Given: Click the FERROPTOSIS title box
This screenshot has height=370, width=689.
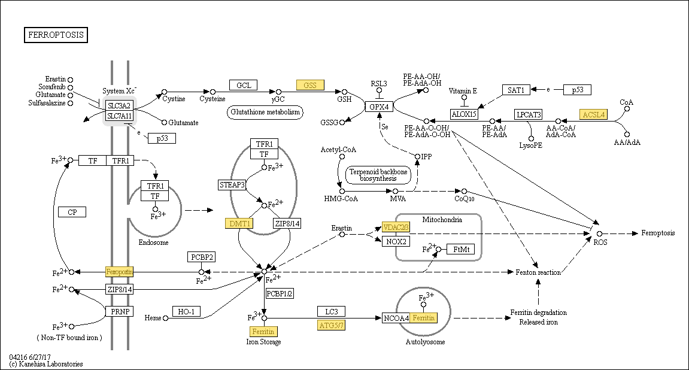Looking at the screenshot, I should click(56, 35).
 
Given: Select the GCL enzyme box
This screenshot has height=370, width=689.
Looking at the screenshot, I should click(243, 85).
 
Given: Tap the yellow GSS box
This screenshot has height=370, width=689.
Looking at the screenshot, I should click(309, 85).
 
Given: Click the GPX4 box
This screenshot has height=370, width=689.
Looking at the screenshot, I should click(379, 107).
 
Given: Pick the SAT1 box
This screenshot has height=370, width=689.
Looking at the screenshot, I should click(515, 90).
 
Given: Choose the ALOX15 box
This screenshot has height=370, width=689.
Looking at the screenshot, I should click(464, 114).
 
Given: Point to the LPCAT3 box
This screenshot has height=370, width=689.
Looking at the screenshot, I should click(529, 114).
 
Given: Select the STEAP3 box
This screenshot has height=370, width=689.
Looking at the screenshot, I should click(232, 184).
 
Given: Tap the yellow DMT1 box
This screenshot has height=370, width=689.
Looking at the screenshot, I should click(239, 223).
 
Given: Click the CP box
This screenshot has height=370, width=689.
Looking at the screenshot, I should click(72, 212).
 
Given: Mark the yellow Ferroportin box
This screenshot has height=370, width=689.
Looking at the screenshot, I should click(119, 272).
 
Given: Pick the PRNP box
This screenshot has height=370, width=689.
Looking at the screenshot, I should click(119, 311).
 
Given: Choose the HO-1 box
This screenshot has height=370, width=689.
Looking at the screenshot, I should click(186, 311).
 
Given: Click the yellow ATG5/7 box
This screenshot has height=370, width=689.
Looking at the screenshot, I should click(331, 325).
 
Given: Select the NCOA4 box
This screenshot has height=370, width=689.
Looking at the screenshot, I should click(396, 318).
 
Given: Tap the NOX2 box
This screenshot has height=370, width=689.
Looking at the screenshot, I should click(396, 241).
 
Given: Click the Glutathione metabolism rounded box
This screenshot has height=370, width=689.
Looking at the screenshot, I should click(265, 112).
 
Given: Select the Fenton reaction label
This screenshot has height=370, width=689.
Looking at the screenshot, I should click(538, 272).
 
